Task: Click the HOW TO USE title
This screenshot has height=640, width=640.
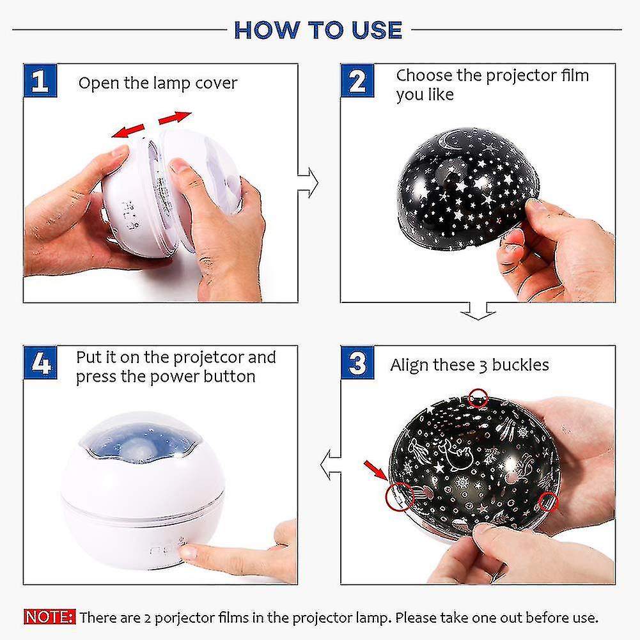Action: (x=318, y=30)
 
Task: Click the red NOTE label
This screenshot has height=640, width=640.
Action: (x=49, y=618)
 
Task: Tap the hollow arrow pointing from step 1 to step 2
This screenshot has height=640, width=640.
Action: (x=309, y=183)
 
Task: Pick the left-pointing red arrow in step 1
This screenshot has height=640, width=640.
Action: (x=126, y=131)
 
